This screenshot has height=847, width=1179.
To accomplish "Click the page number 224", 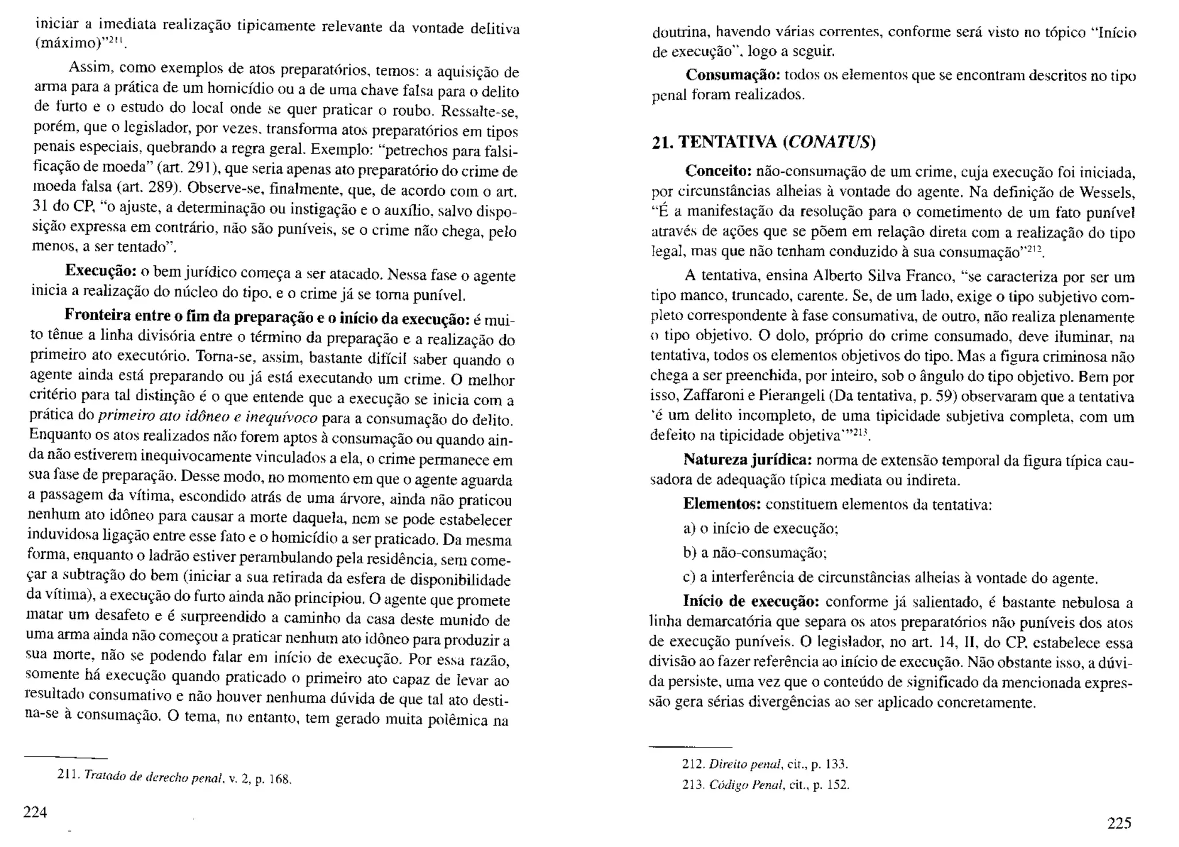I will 35,812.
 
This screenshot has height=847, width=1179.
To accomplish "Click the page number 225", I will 1119,823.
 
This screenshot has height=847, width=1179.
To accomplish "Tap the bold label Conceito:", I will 718,171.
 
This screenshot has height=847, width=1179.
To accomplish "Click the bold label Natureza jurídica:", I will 747,460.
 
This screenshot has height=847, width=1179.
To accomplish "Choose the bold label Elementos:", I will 722,505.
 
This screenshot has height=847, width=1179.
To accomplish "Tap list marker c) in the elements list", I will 690,578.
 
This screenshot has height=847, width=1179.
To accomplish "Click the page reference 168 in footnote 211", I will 280,780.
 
